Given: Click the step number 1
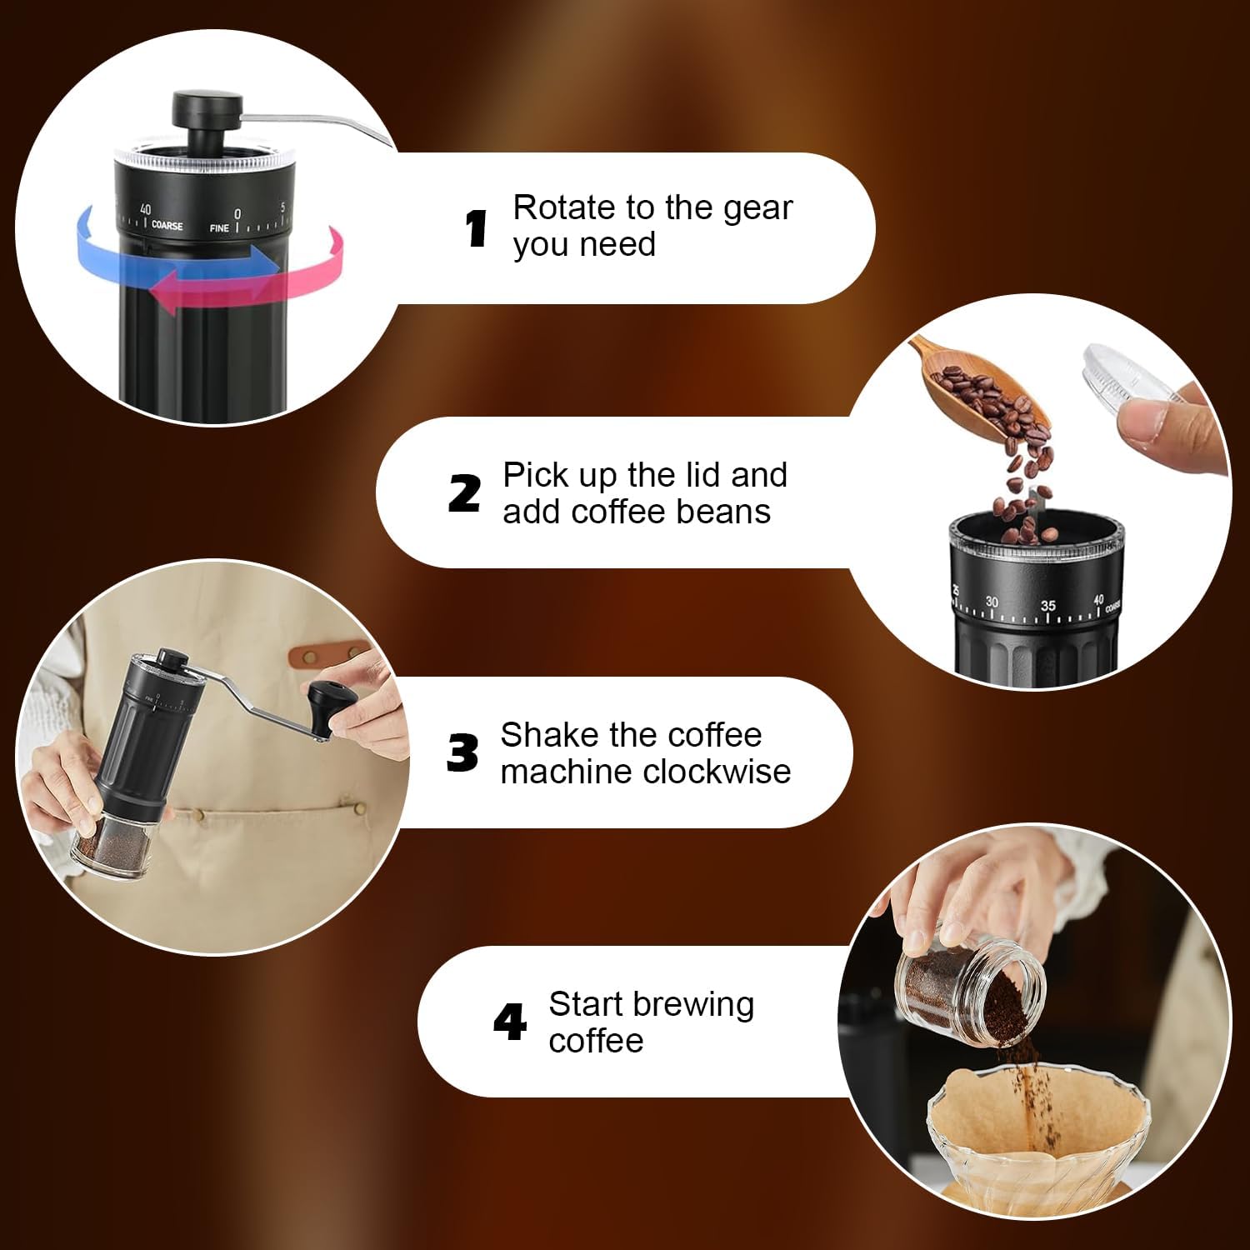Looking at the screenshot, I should tap(476, 228).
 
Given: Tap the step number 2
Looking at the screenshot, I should tap(464, 493).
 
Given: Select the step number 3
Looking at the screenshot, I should tap(462, 753).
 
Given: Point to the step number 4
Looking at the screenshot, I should tap(509, 1022).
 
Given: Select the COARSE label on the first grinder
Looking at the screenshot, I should tap(167, 226).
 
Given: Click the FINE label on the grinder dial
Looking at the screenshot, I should tap(219, 227).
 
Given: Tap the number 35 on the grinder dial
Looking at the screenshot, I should tap(1047, 606).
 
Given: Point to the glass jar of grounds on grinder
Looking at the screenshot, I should tap(112, 846).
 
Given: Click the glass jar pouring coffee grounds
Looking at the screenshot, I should tap(967, 983).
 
